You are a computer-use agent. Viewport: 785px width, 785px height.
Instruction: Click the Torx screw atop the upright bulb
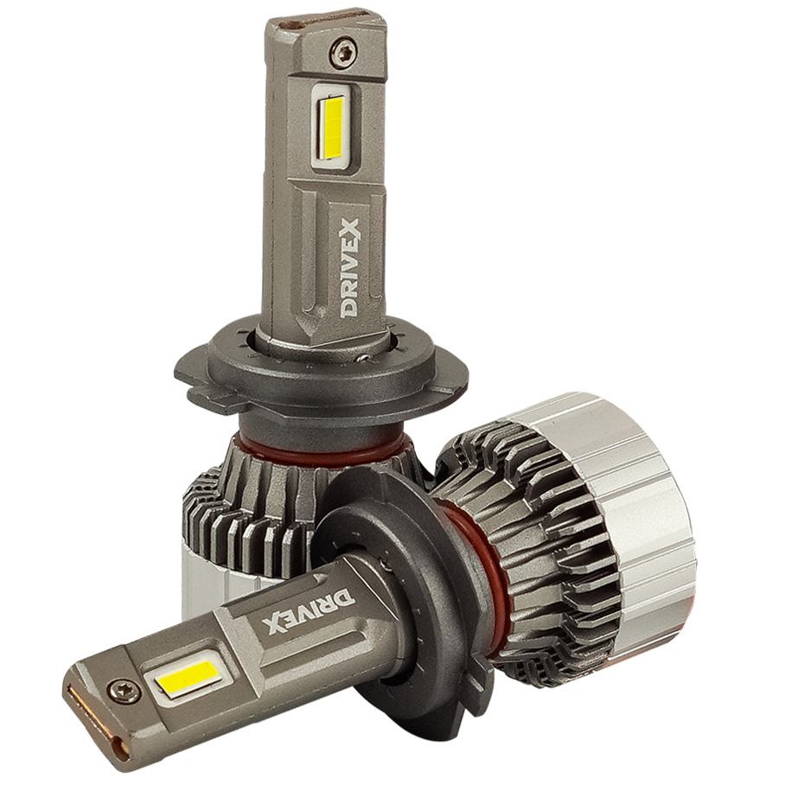[x=341, y=52]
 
